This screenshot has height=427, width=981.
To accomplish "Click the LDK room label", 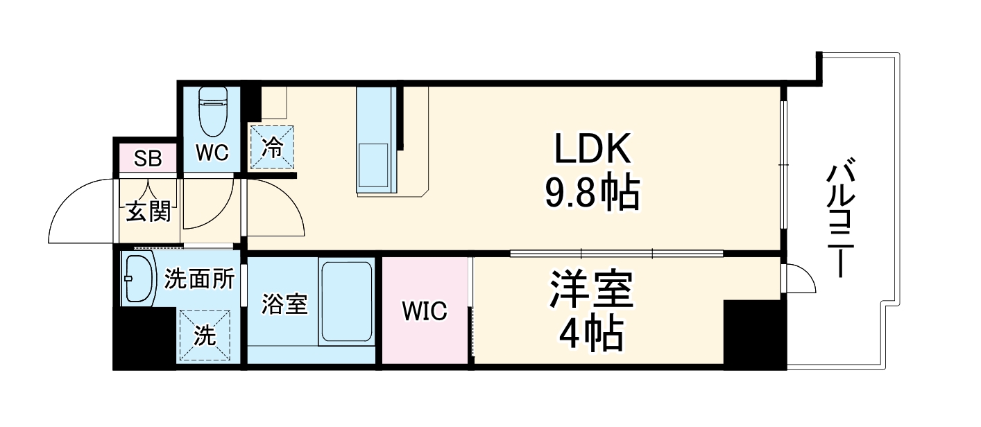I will [x=592, y=149].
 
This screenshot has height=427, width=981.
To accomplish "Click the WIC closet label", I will [x=425, y=311].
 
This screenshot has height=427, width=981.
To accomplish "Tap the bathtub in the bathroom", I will [x=347, y=301].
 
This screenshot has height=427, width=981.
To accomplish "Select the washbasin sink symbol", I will [x=139, y=279].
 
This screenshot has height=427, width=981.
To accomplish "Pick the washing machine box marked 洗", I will [x=204, y=336].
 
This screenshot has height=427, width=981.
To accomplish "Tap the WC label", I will [x=212, y=153].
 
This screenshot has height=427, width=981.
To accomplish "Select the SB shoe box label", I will [x=148, y=159].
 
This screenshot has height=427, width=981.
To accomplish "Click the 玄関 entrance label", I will [x=148, y=211].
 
